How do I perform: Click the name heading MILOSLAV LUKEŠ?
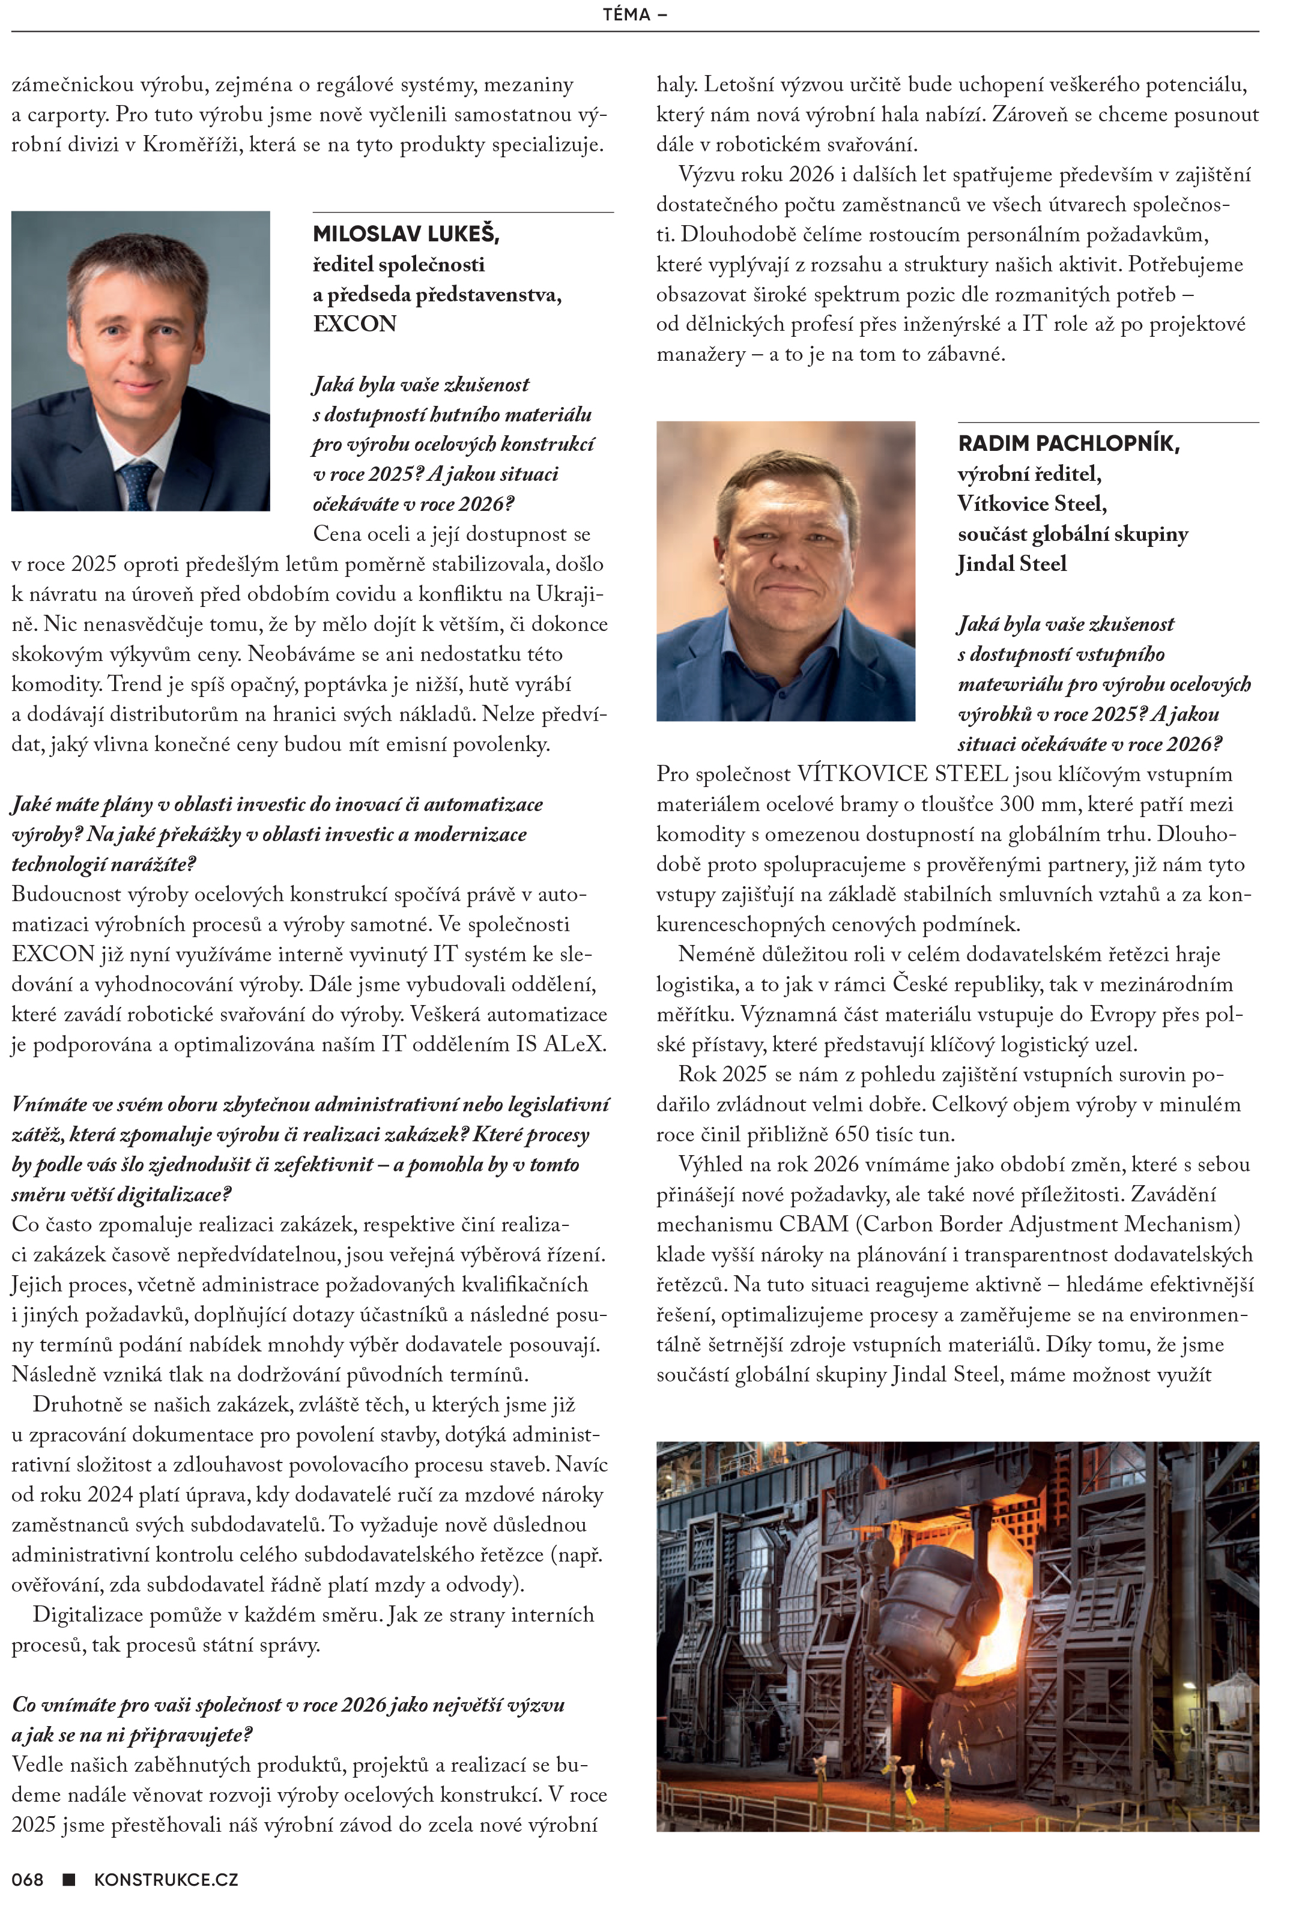[406, 234]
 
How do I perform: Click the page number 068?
[28, 1879]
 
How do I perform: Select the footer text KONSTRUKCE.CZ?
[166, 1879]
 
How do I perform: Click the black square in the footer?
[70, 1879]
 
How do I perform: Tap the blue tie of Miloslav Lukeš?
[138, 485]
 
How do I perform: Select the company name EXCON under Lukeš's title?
[354, 324]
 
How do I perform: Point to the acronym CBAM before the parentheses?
[814, 1224]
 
